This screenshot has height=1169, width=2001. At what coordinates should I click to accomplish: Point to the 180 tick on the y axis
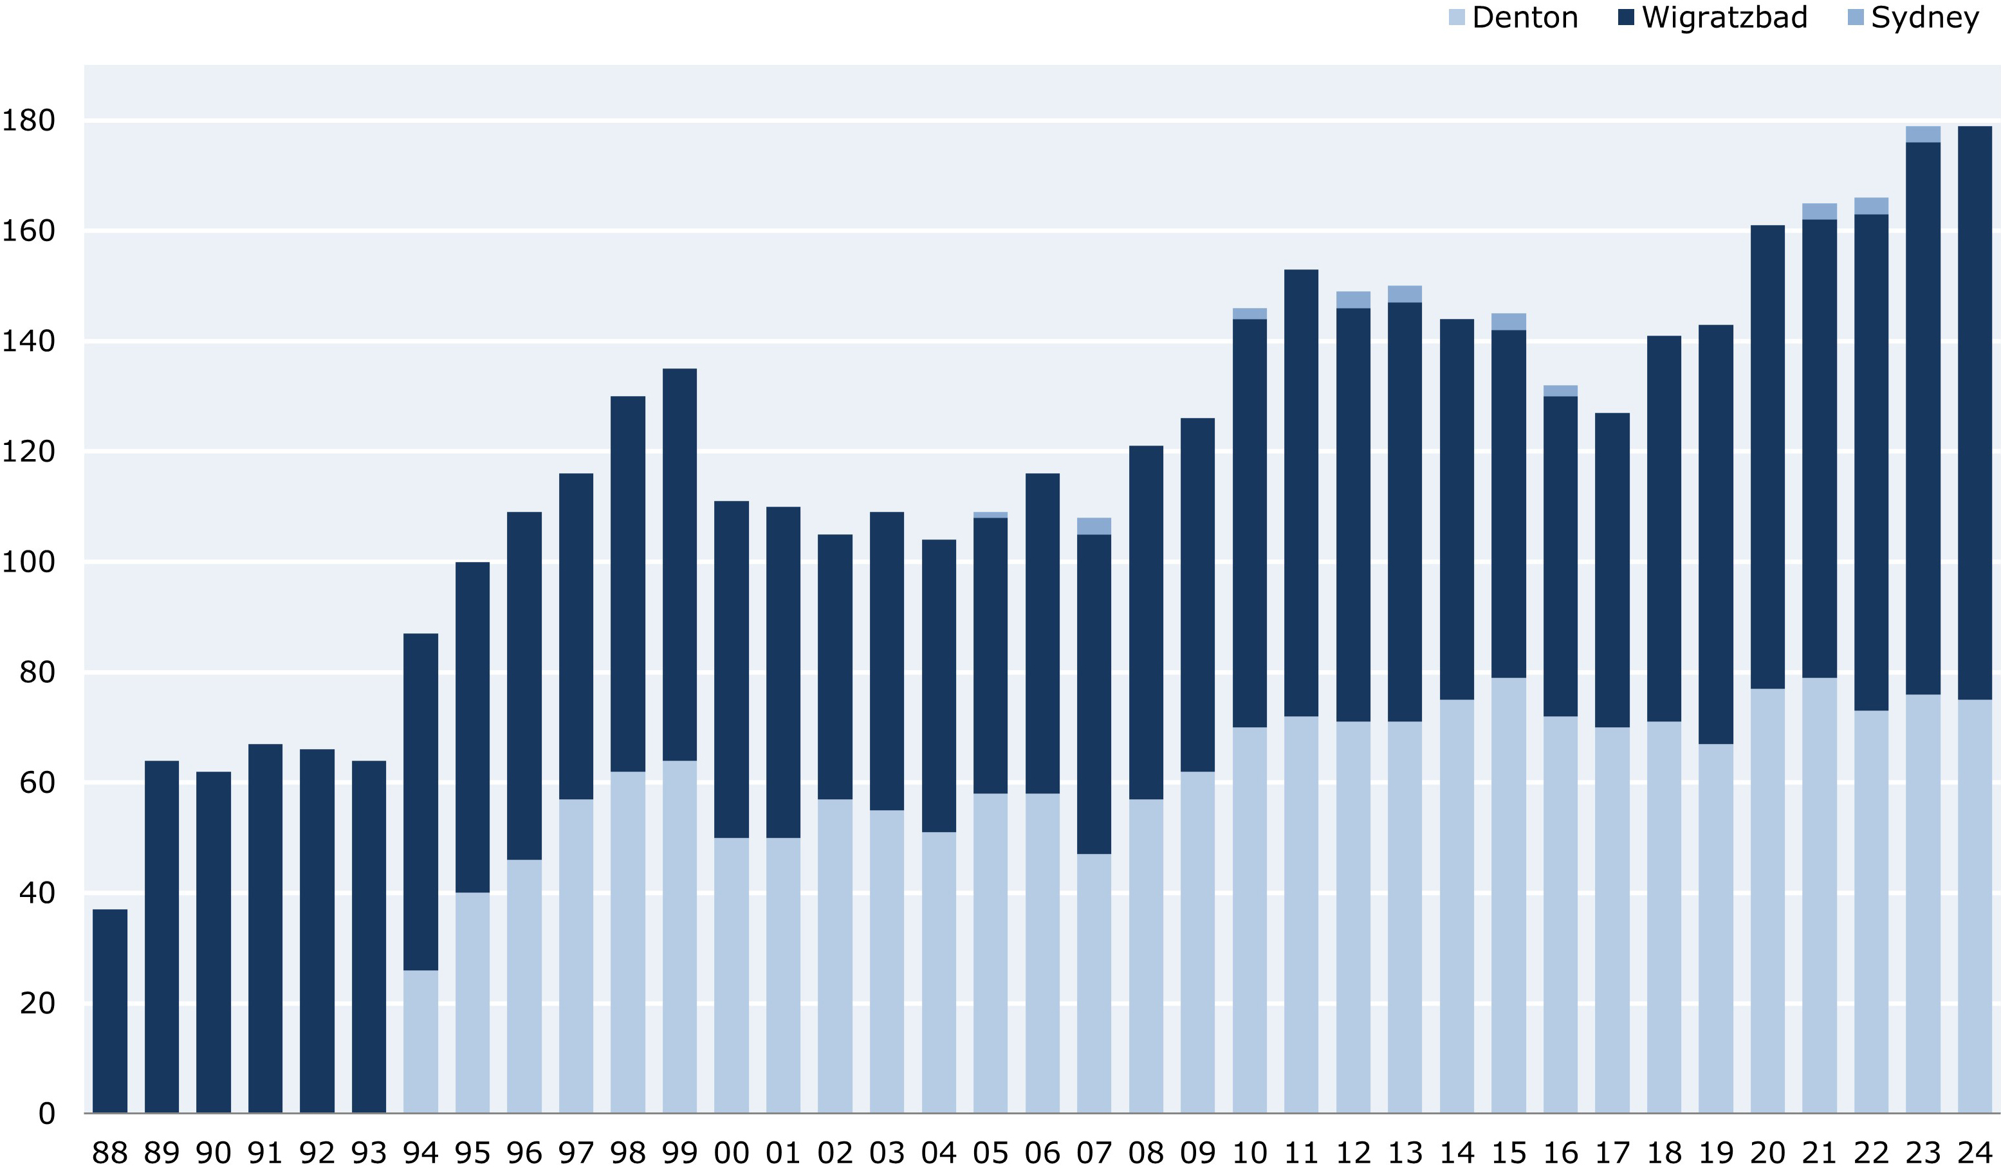click(x=28, y=121)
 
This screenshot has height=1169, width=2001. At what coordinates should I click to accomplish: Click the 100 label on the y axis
click(x=28, y=562)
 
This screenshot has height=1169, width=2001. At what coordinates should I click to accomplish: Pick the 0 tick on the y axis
click(x=47, y=1114)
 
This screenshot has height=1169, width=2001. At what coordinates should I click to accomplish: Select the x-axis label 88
click(x=109, y=1152)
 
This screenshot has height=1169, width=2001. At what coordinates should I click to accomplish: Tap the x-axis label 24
click(x=1975, y=1152)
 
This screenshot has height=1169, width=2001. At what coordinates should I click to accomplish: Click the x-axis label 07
click(x=1094, y=1152)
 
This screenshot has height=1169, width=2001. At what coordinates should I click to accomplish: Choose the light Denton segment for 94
click(x=421, y=1041)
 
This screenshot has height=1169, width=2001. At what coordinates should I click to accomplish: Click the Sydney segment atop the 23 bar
click(x=1923, y=134)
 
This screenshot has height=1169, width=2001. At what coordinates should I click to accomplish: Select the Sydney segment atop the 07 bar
click(x=1094, y=526)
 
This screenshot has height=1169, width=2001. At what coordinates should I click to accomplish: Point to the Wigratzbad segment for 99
click(x=679, y=565)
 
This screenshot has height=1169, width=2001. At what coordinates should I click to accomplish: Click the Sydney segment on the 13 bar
click(x=1405, y=294)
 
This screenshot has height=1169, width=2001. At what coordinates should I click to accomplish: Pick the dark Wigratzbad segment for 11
click(x=1302, y=493)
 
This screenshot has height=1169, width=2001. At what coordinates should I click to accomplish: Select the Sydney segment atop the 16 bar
click(x=1560, y=390)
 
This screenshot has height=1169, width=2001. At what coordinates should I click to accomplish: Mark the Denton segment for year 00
click(x=732, y=975)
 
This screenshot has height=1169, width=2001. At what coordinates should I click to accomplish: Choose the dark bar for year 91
click(x=265, y=929)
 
